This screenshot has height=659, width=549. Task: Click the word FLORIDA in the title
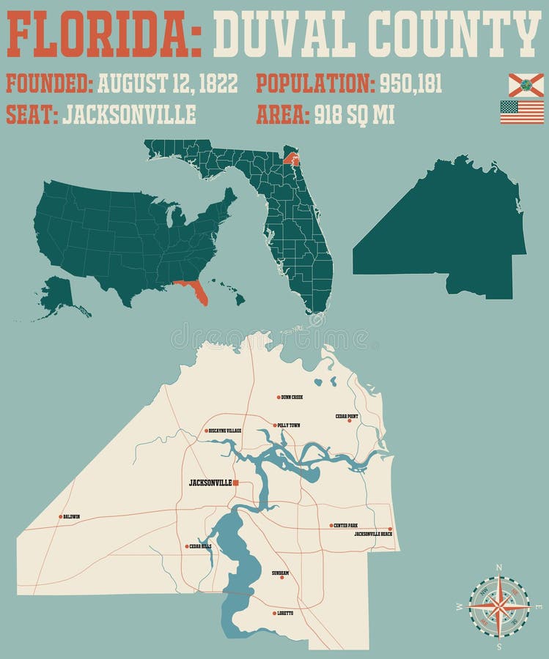(x=103, y=34)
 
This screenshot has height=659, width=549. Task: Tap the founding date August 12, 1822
(x=167, y=83)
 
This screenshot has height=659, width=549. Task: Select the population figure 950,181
(x=410, y=83)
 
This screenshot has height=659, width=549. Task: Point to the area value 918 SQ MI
(x=355, y=115)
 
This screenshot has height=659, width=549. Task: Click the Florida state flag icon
(x=526, y=85)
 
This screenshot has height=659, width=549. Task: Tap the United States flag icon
(x=522, y=112)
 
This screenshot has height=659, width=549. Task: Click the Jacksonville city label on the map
(x=210, y=483)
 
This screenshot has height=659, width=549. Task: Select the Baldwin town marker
(x=61, y=516)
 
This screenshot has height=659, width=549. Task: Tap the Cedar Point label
(x=347, y=416)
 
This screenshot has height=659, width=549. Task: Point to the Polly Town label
(x=288, y=425)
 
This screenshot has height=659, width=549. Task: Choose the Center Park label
(x=345, y=525)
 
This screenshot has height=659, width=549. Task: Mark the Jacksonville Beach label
(x=373, y=535)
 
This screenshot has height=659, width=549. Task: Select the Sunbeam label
(x=280, y=573)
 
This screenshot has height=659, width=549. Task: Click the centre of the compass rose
(x=498, y=606)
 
